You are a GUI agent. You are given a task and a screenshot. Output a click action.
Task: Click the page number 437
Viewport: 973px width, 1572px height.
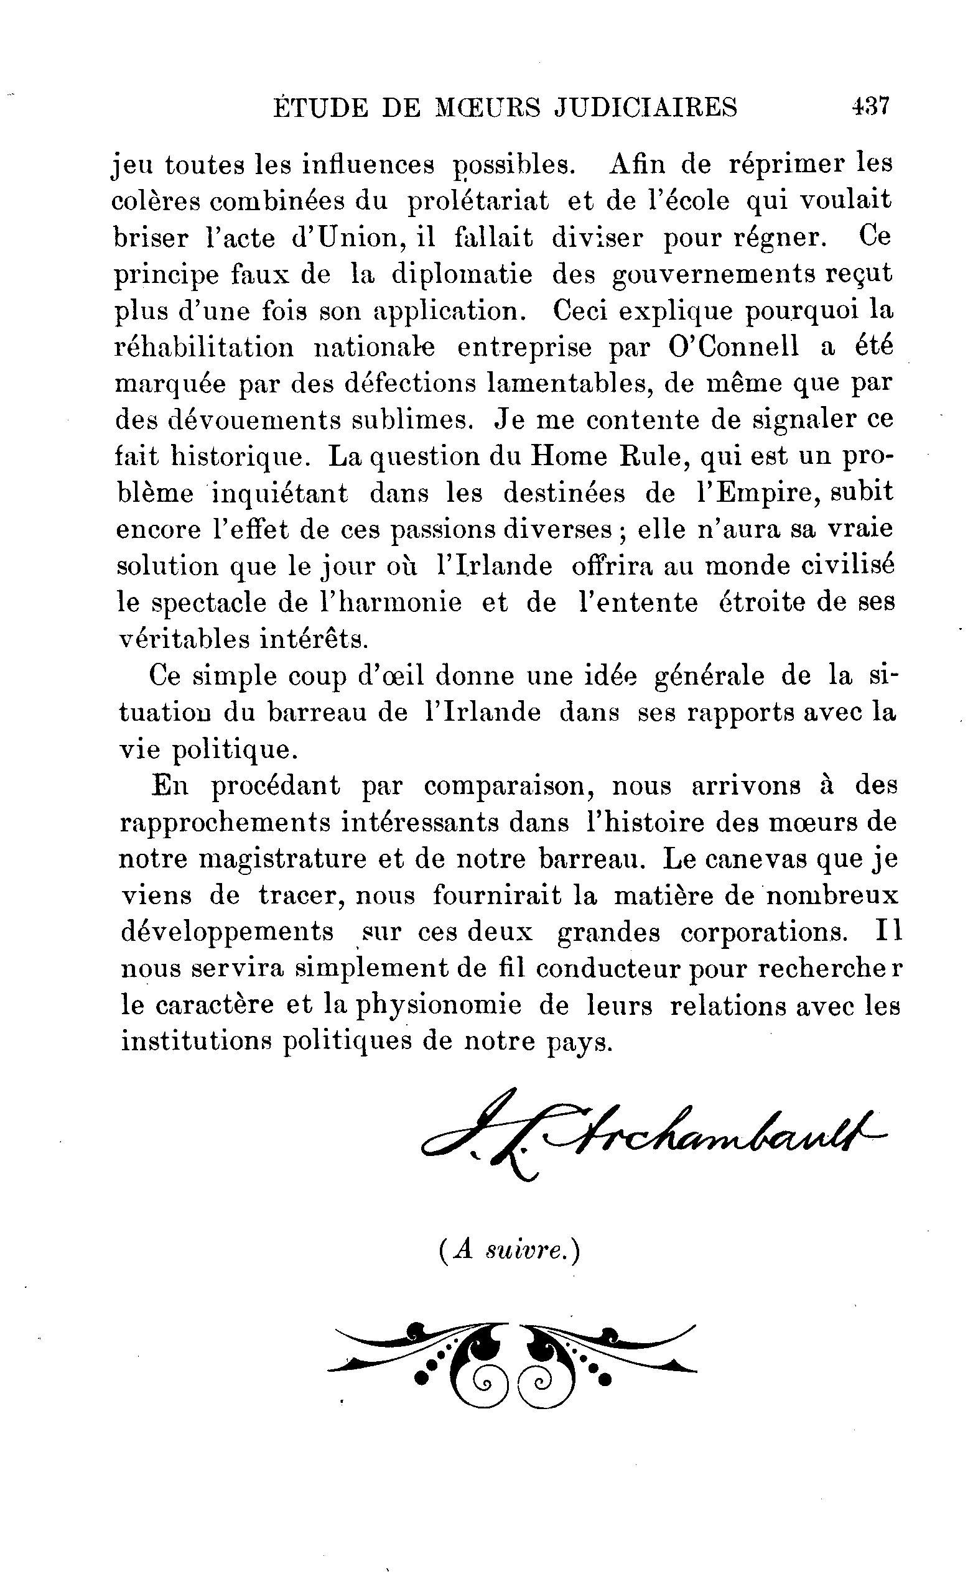(870, 106)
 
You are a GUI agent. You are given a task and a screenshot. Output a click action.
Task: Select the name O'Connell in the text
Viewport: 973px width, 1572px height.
(733, 348)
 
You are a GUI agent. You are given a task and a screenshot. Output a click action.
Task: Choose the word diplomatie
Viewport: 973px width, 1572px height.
(462, 275)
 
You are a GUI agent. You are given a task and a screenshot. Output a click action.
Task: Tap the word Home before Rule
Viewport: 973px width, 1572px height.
(568, 456)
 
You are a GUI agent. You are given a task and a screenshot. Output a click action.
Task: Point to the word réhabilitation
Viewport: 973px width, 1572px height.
(204, 348)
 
